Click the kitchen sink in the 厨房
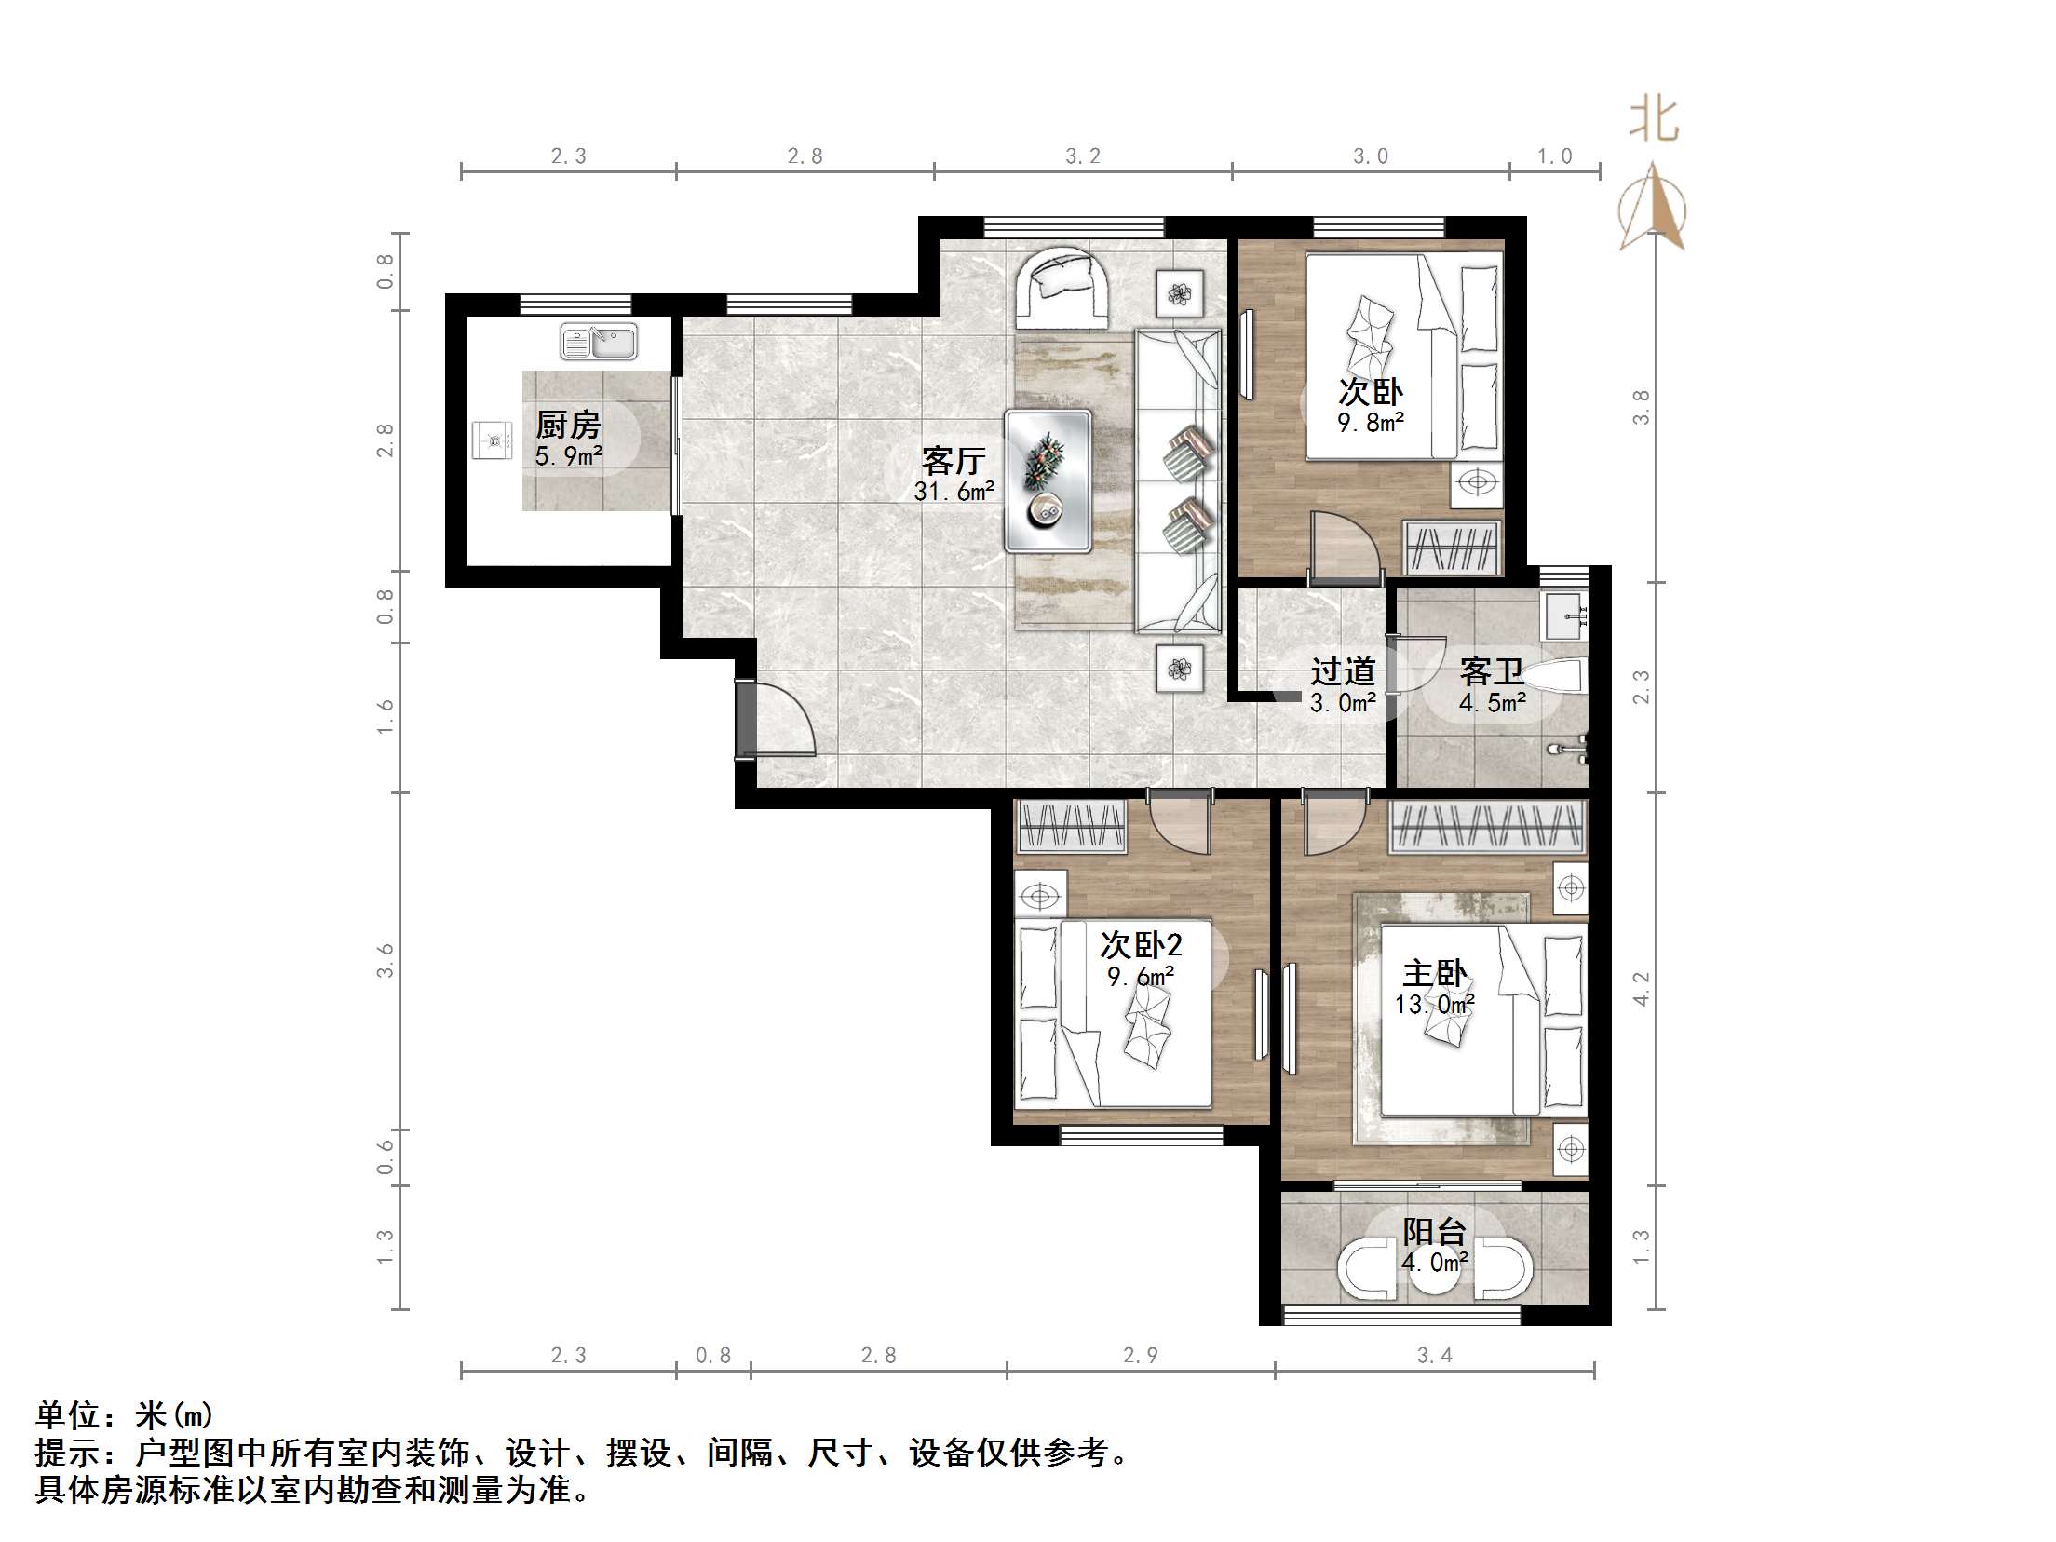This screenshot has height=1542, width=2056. point(599,342)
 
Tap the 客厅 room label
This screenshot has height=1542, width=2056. point(954,460)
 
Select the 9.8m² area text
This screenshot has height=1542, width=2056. point(1371,423)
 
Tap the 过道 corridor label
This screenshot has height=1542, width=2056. point(1343,671)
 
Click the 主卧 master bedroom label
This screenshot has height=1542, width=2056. point(1435,974)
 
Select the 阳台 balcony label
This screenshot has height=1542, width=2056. point(1435,1232)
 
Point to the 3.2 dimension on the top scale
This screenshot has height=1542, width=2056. point(1083,156)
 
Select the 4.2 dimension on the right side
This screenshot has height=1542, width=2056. point(1642,988)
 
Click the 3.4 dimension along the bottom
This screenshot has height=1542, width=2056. point(1434,1356)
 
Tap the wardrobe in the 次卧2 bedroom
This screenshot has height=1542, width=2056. point(1071,827)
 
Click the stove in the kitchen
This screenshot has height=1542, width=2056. point(493,440)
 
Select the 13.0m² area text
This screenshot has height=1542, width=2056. point(1434,1005)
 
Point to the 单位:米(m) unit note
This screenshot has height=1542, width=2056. point(125,1416)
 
